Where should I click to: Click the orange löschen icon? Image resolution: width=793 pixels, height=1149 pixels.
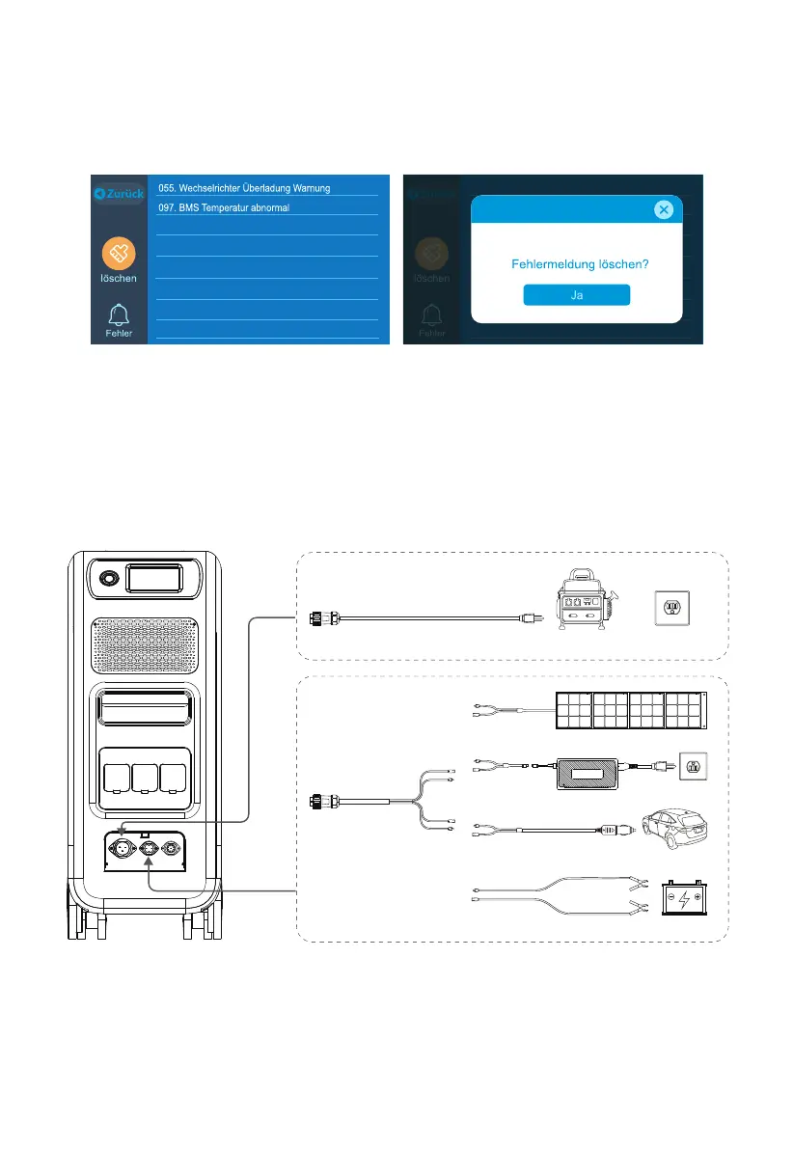[120, 255]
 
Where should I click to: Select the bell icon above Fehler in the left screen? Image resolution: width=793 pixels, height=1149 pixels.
[120, 315]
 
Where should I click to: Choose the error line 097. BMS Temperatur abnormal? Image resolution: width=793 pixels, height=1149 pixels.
[223, 207]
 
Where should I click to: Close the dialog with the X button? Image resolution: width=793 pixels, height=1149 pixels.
[663, 209]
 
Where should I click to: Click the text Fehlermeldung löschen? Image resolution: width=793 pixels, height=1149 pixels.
[576, 262]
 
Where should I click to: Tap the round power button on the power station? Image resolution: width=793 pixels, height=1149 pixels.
[106, 580]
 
